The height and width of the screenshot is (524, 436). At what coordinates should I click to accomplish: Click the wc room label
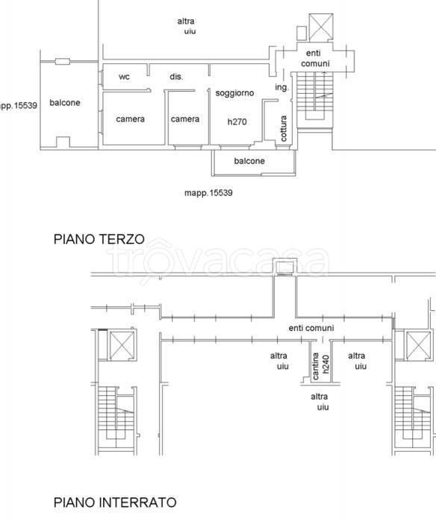(124, 77)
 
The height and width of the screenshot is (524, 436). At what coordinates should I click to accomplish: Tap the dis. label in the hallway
(176, 77)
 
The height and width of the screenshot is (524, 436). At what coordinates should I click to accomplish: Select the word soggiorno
(234, 93)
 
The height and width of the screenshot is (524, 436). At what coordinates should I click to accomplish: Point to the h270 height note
(237, 122)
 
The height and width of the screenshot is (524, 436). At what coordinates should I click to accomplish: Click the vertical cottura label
(284, 128)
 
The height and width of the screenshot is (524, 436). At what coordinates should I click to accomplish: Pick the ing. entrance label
(281, 87)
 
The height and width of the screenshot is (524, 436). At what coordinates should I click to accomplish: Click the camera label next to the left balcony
(130, 119)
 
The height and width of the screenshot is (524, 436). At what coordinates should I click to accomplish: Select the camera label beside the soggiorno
(185, 119)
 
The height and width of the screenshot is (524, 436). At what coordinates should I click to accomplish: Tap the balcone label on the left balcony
(65, 103)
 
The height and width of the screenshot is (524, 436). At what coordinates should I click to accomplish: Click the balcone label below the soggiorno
(249, 161)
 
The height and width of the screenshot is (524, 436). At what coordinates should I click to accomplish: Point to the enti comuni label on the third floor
(315, 58)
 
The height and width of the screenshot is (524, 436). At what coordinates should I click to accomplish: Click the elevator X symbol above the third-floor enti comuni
(321, 27)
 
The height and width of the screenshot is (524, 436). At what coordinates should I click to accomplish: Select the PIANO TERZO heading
(99, 239)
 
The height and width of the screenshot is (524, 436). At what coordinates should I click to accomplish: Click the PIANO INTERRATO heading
(115, 502)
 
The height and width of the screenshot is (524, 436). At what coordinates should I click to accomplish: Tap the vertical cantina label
(315, 366)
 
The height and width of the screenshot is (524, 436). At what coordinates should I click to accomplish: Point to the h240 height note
(326, 364)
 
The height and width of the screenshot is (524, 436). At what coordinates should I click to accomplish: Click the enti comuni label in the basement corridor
(311, 328)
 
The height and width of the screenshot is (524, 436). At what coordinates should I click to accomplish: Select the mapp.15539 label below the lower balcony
(208, 193)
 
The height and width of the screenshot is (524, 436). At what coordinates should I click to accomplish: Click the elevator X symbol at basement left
(122, 346)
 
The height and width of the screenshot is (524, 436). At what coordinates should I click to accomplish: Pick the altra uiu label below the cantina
(320, 402)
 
